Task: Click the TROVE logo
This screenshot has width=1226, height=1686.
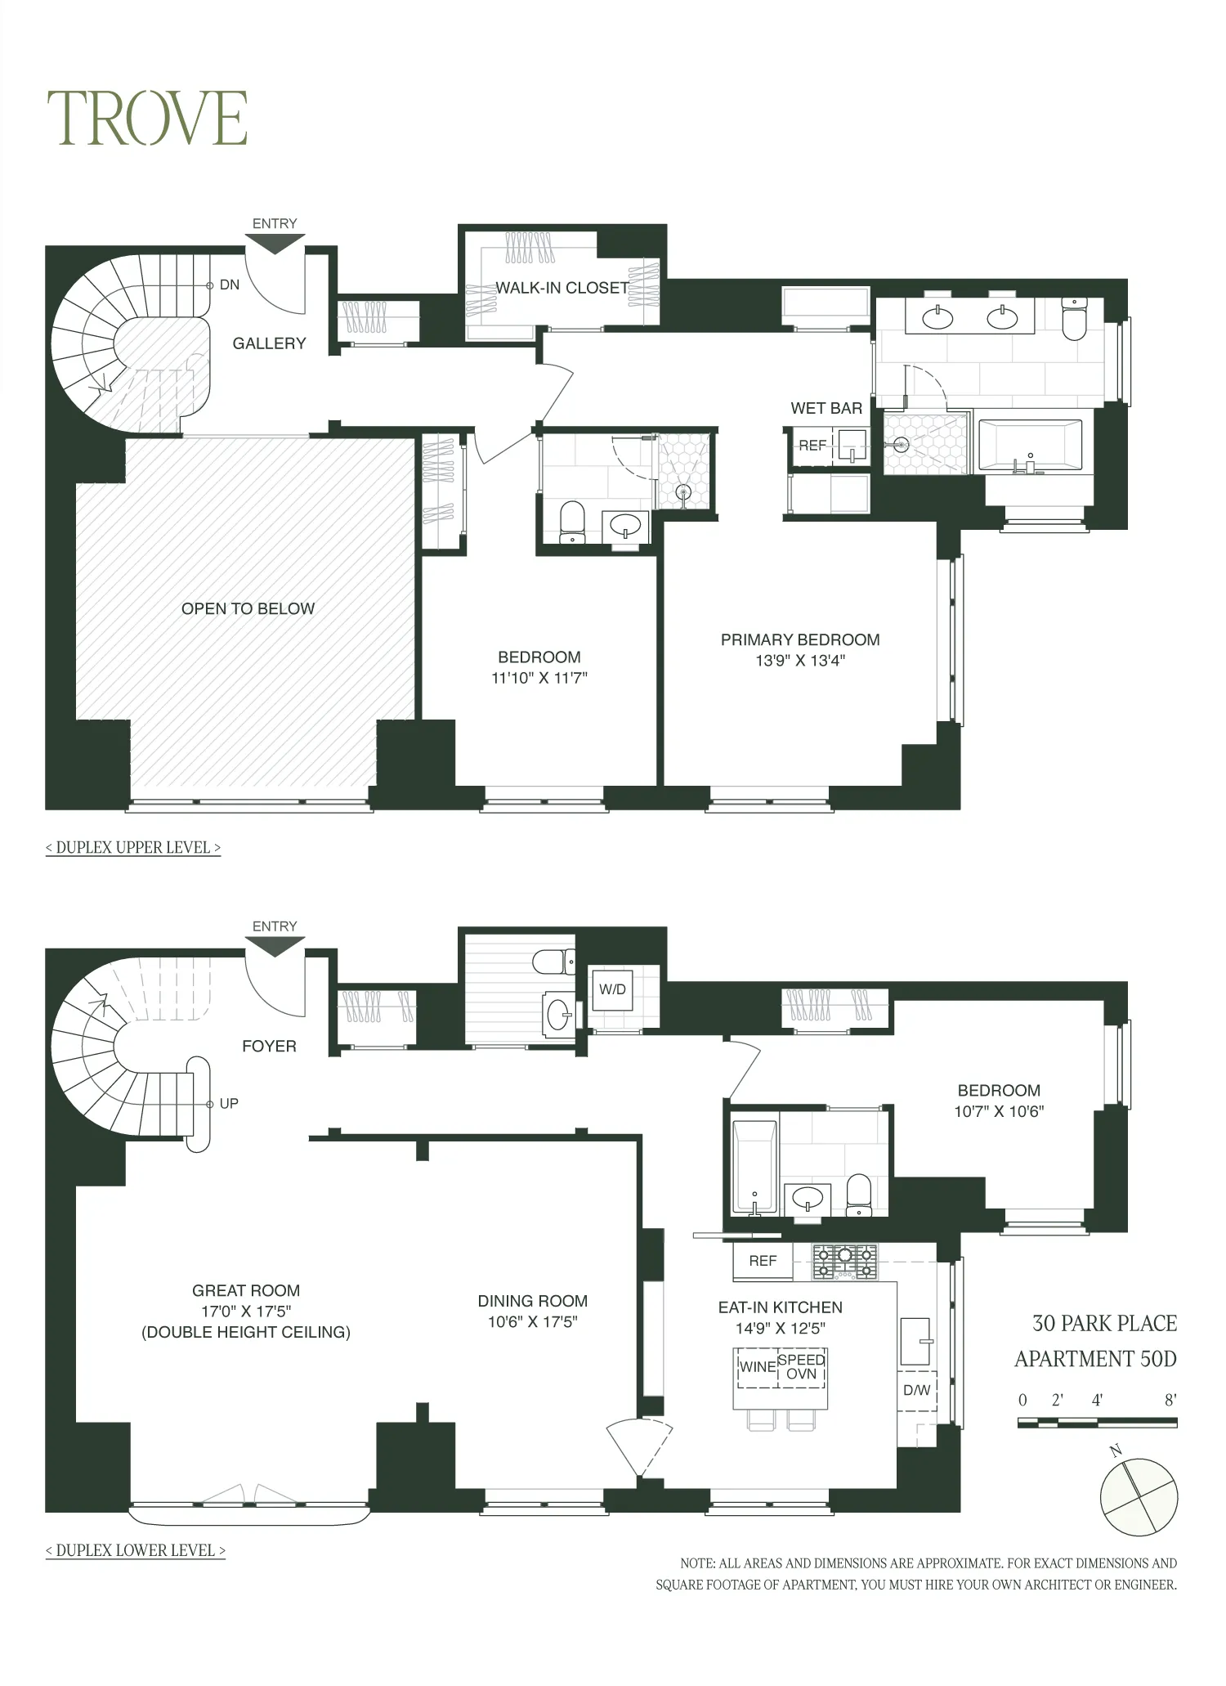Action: [x=148, y=119]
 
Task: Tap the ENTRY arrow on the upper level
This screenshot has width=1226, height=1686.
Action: [x=275, y=243]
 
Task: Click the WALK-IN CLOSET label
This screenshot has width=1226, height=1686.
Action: [x=562, y=288]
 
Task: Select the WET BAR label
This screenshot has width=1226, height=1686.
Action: [x=826, y=408]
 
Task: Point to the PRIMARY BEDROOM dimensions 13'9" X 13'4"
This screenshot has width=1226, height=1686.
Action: [x=799, y=661]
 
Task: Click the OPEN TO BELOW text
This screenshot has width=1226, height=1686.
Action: [x=248, y=608]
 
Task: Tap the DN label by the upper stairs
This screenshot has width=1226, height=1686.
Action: [x=230, y=285]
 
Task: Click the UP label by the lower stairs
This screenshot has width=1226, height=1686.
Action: [x=229, y=1103]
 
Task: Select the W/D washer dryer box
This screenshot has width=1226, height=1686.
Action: [x=612, y=989]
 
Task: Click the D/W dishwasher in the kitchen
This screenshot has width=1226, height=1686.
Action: [x=916, y=1389]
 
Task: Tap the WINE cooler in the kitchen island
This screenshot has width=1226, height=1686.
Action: [x=757, y=1366]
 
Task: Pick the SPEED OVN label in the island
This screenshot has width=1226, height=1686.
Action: [x=801, y=1366]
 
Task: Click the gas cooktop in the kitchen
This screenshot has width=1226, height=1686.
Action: [x=844, y=1262]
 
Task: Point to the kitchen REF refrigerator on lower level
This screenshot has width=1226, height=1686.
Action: [x=763, y=1261]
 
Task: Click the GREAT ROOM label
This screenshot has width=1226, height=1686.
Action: [x=245, y=1290]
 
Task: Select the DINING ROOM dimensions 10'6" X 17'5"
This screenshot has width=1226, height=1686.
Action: [x=532, y=1322]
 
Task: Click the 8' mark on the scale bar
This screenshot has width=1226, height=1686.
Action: [x=1170, y=1400]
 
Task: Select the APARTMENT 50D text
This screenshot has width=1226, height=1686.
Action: [x=1095, y=1359]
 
